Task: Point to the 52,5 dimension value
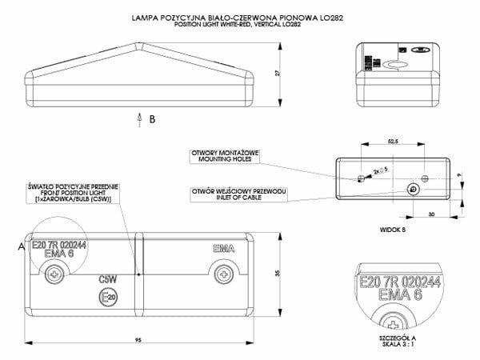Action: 393,141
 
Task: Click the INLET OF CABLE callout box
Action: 238,194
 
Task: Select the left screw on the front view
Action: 54,274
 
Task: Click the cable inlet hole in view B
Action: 412,190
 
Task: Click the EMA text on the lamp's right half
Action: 224,249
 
